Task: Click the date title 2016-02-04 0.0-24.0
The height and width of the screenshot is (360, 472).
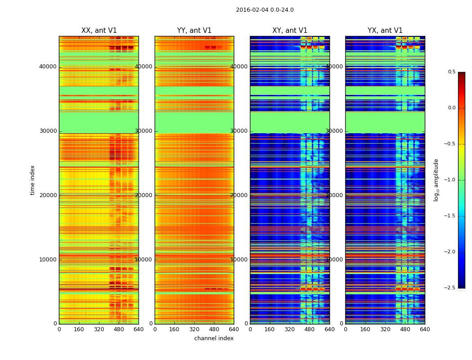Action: (x=265, y=10)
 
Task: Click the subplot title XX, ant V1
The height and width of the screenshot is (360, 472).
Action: (x=99, y=31)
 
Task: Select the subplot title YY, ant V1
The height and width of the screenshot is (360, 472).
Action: (x=194, y=31)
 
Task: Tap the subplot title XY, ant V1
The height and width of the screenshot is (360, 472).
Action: (x=290, y=31)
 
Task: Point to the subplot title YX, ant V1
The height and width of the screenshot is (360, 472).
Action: (x=385, y=31)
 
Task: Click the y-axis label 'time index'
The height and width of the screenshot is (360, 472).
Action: (x=32, y=180)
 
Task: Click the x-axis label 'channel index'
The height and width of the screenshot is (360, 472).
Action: (x=214, y=338)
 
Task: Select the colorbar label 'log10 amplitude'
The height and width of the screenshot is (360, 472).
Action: (x=436, y=180)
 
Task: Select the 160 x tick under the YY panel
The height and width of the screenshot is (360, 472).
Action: (x=174, y=329)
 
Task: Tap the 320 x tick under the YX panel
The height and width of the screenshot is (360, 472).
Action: (x=385, y=329)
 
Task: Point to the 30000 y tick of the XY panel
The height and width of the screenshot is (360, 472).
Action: (x=239, y=131)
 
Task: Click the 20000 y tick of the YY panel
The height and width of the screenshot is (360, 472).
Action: (x=144, y=195)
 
